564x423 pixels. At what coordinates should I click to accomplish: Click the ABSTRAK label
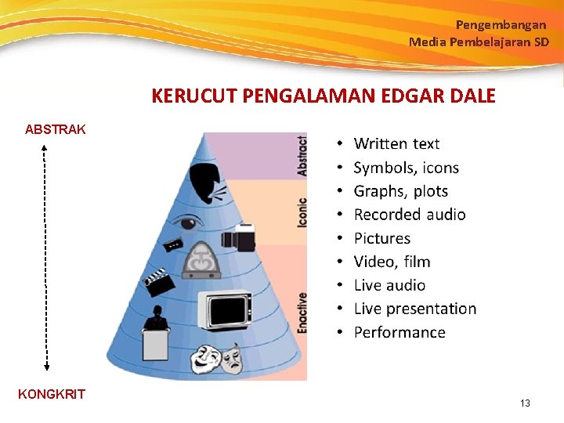[x=56, y=129]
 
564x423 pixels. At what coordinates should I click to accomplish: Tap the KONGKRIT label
[x=52, y=394]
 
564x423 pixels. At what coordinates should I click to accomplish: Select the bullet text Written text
[x=396, y=143]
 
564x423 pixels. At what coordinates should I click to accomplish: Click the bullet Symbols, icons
[x=406, y=167]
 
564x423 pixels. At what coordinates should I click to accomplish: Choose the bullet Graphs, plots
[x=400, y=190]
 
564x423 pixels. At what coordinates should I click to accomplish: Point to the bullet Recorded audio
[x=409, y=214]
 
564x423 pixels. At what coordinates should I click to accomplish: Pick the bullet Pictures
[x=381, y=238]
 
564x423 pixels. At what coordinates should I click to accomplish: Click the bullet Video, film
[x=392, y=262]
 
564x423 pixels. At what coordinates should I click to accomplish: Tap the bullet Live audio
[x=389, y=285]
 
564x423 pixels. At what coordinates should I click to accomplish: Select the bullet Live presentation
[x=414, y=309]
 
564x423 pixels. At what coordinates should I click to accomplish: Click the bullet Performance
[x=399, y=332]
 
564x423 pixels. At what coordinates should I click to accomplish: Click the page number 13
[x=525, y=403]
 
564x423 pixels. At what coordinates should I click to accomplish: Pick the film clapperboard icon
[x=157, y=281]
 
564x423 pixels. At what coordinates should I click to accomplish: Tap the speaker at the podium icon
[x=156, y=333]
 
